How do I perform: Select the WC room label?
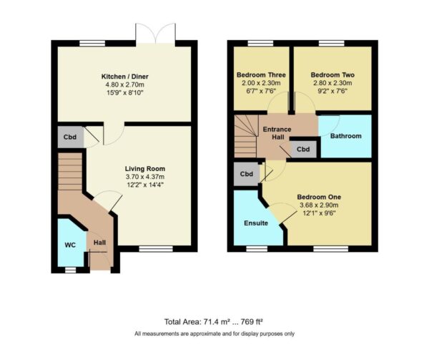coord(69,245)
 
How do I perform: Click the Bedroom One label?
coord(319,197)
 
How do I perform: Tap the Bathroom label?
coord(345,136)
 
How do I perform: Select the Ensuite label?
coord(255,223)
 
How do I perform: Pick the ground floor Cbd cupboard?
coord(69,137)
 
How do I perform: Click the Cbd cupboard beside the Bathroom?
coord(303,150)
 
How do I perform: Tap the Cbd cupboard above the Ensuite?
coord(247,174)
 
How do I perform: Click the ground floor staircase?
coord(71,178)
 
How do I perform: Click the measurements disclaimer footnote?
coord(214,334)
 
